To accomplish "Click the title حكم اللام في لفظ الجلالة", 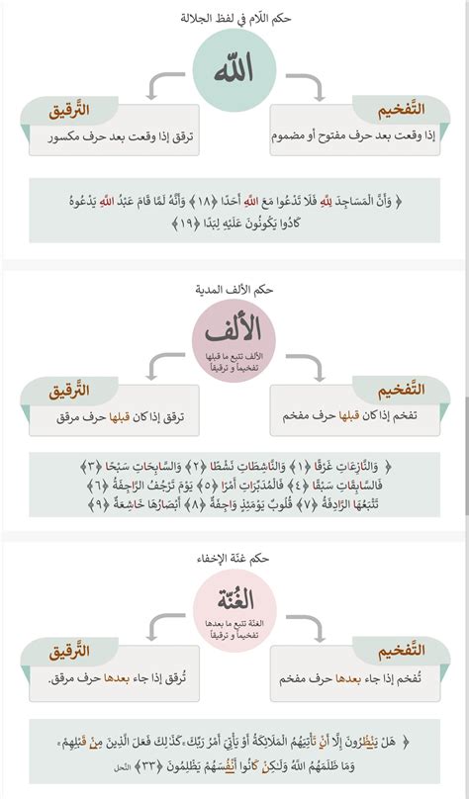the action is [234, 18].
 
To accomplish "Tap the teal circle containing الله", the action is [234, 70].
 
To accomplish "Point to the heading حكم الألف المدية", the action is [234, 289].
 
